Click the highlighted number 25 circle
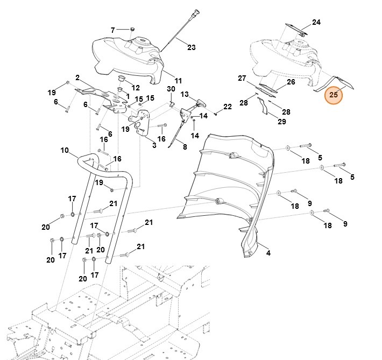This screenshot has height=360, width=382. coord(334,95)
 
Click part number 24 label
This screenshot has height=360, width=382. coord(316,23)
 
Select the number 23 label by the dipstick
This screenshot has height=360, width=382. coord(191,47)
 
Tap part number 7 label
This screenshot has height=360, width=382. coord(113,30)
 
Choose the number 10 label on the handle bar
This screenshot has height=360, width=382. coord(65,150)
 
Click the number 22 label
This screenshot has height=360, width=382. coord(228,107)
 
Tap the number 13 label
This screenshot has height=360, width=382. coord(185,94)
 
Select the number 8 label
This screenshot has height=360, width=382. coord(185,147)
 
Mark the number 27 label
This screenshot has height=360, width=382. coord(242,79)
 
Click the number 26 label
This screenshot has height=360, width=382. coord(291,82)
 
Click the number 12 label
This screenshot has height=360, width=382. coord(136,88)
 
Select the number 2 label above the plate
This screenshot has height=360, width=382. coord(77,77)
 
